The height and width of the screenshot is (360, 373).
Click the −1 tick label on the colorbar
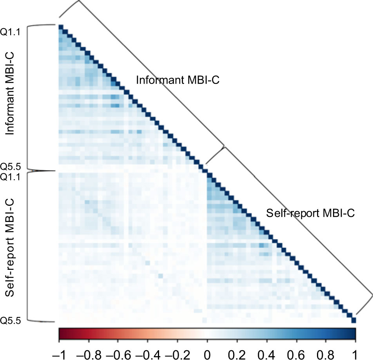[59, 350]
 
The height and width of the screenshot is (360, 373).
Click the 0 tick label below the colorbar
[207, 350]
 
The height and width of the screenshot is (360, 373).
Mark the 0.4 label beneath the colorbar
[266, 350]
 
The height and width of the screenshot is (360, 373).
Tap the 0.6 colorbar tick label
[296, 350]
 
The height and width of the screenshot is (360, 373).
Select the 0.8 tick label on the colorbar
[326, 350]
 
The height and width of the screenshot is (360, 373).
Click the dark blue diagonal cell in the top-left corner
[61, 27]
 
